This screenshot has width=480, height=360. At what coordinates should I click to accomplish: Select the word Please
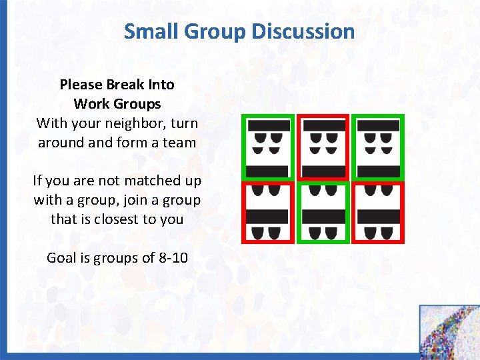[x=80, y=85]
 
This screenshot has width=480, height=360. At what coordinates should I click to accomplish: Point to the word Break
[x=125, y=85]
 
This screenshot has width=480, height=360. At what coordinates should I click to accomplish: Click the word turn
[x=185, y=123]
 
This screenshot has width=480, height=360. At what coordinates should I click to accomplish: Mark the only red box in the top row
[x=323, y=147]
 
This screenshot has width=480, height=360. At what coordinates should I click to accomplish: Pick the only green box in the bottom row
[x=323, y=212]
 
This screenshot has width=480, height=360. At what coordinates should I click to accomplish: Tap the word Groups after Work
[x=138, y=104]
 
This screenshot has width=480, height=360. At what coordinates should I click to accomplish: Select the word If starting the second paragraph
[x=39, y=181]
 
